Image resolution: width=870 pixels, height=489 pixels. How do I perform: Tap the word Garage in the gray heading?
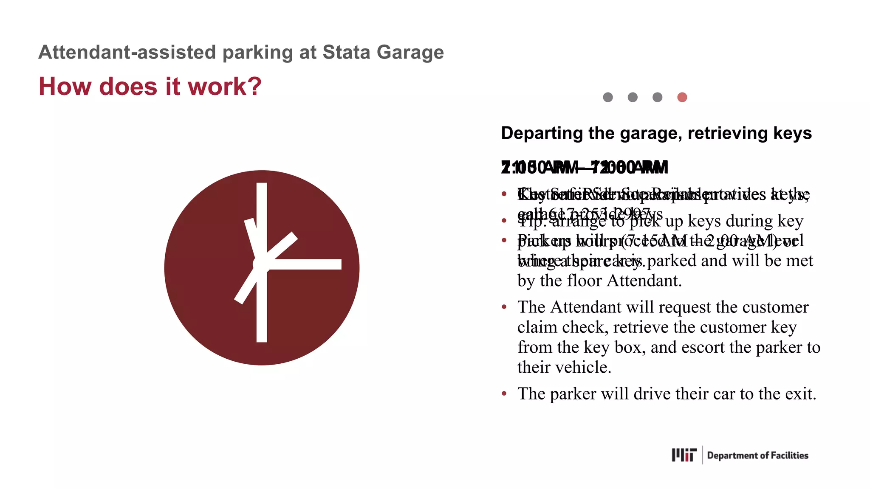pyautogui.click(x=410, y=52)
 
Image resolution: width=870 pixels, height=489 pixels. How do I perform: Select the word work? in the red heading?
pyautogui.click(x=225, y=86)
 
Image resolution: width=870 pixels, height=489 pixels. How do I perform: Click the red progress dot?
pyautogui.click(x=682, y=97)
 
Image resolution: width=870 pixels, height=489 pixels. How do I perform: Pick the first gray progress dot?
pyautogui.click(x=608, y=97)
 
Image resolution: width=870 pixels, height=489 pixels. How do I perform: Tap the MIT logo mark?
pyautogui.click(x=684, y=455)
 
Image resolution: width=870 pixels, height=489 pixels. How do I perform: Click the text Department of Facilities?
pyautogui.click(x=757, y=455)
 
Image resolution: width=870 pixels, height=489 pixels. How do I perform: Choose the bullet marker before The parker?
pyautogui.click(x=504, y=394)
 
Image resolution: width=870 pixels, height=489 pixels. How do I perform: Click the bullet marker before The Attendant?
pyautogui.click(x=504, y=307)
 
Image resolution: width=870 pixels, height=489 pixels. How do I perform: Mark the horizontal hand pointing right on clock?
pyautogui.click(x=306, y=264)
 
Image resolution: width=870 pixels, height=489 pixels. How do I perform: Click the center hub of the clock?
pyautogui.click(x=261, y=264)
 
